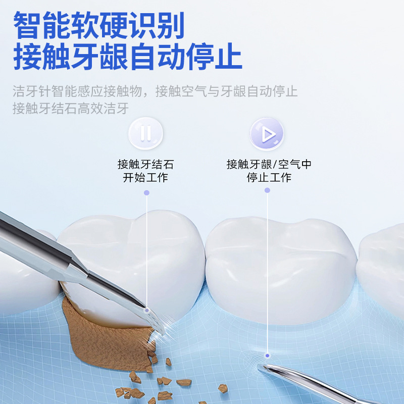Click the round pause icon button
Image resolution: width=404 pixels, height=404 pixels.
pos(145,134)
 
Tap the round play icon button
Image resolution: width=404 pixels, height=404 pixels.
pos(267,134)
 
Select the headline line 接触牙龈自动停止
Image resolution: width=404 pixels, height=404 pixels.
pos(127,57)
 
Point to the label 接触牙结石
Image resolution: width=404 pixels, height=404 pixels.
pos(145,165)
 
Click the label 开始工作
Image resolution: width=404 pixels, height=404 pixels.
pos(145,178)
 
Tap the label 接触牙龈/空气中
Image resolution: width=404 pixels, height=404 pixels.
pos(269,165)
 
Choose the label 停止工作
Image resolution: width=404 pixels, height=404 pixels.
pos(269,178)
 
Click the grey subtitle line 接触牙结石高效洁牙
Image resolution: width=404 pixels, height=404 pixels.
pos(71,108)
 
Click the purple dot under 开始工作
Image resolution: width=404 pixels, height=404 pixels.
pos(146,192)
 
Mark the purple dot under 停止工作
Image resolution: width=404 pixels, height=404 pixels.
pos(267,190)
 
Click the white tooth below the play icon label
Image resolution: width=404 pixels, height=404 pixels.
pos(280,268)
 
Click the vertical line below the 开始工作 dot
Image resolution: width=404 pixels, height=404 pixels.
pos(147,252)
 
